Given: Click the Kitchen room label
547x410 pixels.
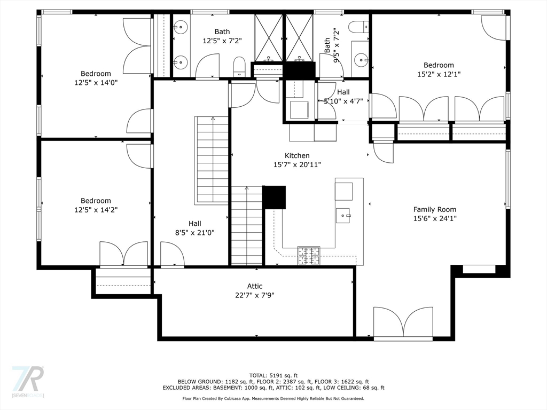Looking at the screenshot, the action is (x=297, y=155).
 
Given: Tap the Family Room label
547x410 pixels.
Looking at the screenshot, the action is (x=435, y=209).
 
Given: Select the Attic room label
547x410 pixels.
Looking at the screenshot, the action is (x=255, y=286).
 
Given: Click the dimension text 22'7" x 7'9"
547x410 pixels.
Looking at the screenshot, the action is (x=255, y=295).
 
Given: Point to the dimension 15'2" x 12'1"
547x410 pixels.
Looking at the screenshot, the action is (x=439, y=74).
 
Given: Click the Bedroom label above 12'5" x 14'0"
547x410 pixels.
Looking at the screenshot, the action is (x=96, y=74).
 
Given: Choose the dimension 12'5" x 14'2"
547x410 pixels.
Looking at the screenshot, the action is (x=96, y=210).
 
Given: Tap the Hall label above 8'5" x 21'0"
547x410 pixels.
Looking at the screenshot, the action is (x=194, y=224).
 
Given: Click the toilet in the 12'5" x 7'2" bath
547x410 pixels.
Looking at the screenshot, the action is (x=239, y=67).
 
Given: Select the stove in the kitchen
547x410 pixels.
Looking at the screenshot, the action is (x=309, y=256).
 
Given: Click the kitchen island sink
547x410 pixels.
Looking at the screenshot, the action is (x=343, y=216).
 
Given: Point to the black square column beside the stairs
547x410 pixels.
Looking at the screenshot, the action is (x=274, y=197).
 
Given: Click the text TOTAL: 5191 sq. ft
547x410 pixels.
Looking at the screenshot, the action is (x=273, y=375).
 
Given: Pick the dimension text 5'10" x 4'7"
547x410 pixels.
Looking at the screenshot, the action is (x=343, y=101).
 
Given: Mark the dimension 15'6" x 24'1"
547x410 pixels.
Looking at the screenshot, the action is (x=435, y=218).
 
